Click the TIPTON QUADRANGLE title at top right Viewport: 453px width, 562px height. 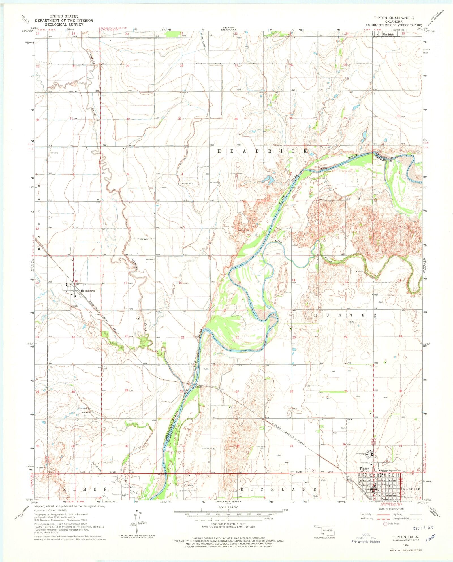(x=394, y=18)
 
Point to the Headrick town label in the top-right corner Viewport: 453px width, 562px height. (x=388, y=35)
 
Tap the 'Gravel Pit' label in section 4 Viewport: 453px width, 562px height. (x=187, y=184)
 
